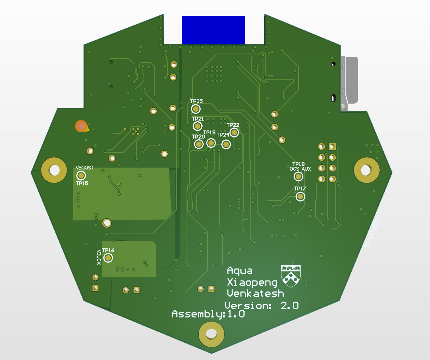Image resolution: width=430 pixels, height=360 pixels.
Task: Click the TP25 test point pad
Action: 196,109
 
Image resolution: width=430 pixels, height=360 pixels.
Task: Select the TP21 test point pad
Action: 197,126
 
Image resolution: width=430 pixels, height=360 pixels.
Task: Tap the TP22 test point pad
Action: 234,132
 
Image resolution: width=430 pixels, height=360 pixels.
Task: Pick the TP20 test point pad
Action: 198,144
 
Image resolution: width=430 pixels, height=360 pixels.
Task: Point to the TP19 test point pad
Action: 211,143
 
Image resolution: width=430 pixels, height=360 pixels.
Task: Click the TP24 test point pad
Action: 226,144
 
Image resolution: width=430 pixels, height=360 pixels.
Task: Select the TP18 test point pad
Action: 298,177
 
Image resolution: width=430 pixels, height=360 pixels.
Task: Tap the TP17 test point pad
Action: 300,197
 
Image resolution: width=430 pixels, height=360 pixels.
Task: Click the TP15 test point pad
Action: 81,176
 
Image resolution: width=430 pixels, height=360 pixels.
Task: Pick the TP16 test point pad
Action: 108,258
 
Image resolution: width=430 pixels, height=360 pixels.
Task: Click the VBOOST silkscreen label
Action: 85,168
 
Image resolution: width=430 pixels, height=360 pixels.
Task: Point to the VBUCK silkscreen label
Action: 99,257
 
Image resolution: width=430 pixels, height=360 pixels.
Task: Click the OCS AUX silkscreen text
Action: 300,169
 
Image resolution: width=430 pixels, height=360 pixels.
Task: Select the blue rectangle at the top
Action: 213,30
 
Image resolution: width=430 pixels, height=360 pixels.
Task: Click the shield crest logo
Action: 291,276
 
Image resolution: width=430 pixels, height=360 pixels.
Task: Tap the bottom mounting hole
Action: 211,334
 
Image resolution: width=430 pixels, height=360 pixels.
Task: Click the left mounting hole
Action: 54,170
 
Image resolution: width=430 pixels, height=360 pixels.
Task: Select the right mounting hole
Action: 366,170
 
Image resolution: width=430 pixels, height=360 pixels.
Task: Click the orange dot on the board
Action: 81,126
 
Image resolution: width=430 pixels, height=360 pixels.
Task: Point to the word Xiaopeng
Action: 252,283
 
